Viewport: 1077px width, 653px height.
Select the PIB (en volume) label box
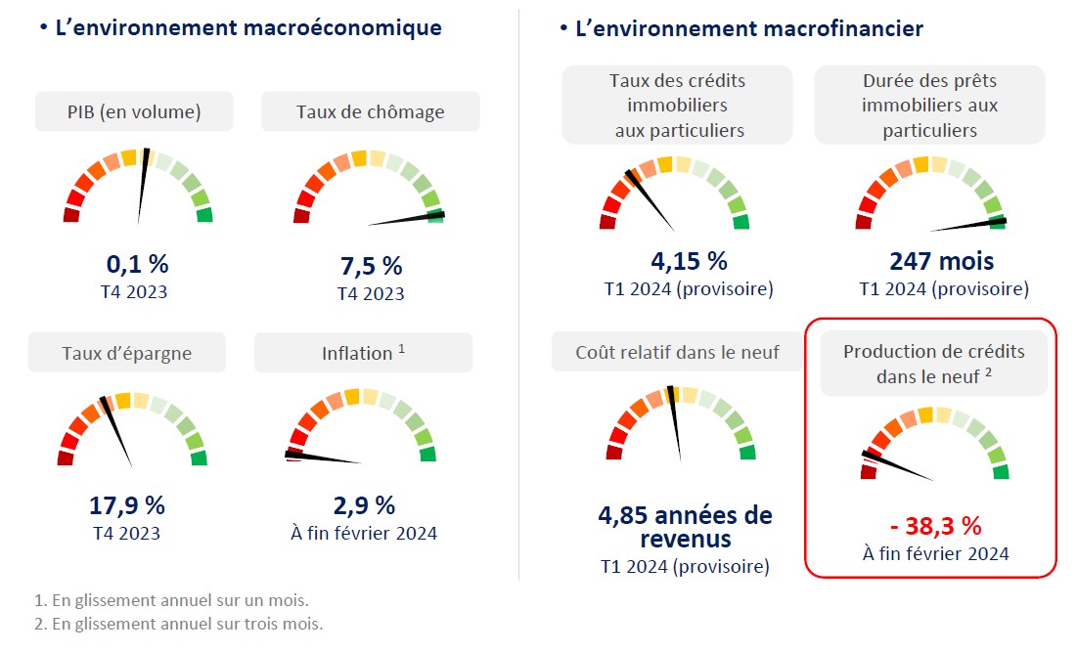(134, 111)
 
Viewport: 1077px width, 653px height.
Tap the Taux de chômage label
(370, 111)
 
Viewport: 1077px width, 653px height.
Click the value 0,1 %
(137, 264)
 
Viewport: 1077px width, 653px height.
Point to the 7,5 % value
(371, 266)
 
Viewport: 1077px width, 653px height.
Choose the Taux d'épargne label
(126, 353)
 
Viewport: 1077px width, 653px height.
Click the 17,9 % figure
(127, 505)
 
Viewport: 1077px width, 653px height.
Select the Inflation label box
(363, 353)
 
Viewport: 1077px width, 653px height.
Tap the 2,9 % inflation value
(364, 505)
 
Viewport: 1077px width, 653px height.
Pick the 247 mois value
(941, 262)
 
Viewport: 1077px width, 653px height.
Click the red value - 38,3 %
(935, 526)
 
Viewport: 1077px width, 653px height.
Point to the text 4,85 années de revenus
(685, 527)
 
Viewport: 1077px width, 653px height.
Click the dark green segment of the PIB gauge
(204, 215)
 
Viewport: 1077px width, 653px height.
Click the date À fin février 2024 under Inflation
(364, 533)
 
